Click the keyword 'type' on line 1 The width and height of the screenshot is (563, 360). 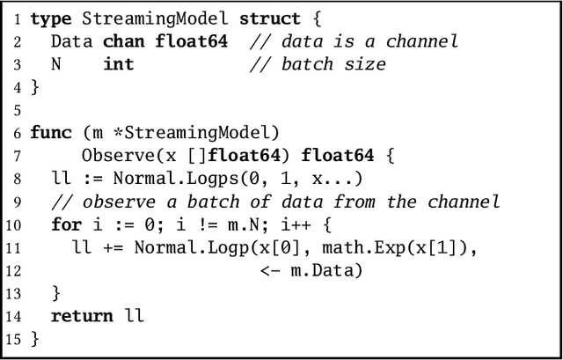click(50, 18)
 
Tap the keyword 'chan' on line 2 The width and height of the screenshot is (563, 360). click(123, 41)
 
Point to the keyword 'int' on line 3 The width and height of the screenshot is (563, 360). click(118, 64)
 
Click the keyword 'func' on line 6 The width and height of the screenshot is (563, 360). click(50, 132)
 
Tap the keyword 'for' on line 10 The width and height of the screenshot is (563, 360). click(66, 224)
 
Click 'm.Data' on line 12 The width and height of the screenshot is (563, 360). click(325, 270)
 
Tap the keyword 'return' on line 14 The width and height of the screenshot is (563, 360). click(82, 316)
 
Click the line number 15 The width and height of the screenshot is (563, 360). click(13, 339)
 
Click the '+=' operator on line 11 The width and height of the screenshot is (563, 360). click(113, 247)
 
